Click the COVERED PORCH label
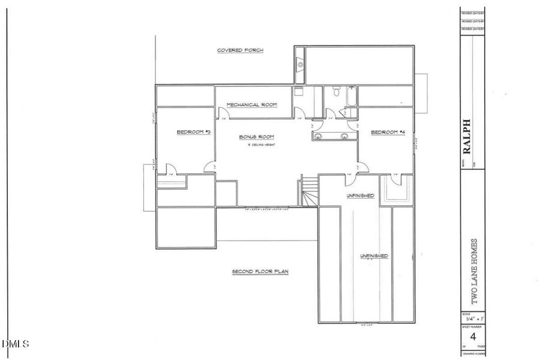[x=240, y=50]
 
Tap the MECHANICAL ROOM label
[x=251, y=105]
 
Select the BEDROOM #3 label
[x=193, y=132]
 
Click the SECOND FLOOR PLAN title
[x=260, y=272]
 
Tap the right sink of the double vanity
[x=345, y=136]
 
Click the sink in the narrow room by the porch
[x=300, y=65]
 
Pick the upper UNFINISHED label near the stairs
[x=360, y=196]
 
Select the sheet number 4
[x=473, y=335]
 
